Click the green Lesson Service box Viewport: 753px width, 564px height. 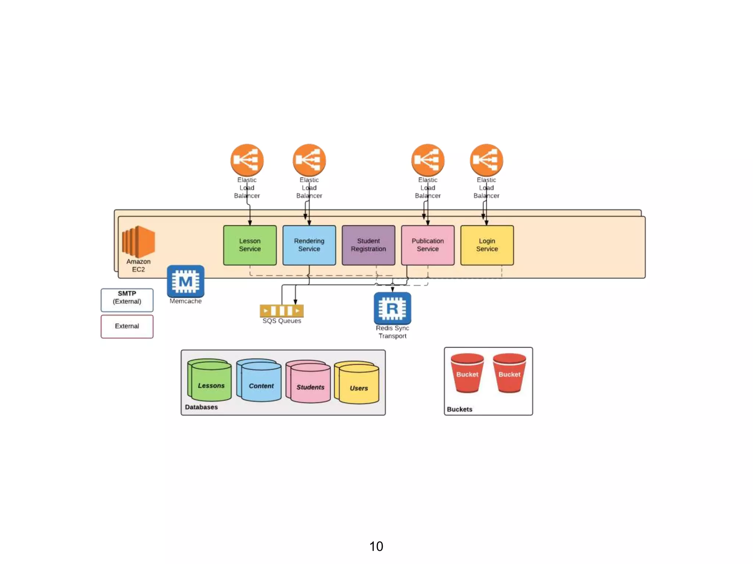(250, 245)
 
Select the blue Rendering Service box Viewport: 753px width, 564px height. (309, 245)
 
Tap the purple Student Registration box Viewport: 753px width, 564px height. (368, 245)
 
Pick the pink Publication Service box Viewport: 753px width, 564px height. (428, 245)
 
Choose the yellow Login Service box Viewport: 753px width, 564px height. (487, 245)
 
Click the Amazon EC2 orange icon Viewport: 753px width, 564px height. (139, 241)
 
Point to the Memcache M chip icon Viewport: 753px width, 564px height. (185, 281)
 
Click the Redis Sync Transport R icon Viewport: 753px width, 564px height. (392, 308)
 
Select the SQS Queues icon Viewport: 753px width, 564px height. (282, 311)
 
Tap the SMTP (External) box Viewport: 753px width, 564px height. (127, 300)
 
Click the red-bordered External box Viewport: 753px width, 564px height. (127, 326)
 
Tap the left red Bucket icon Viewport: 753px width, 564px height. (467, 373)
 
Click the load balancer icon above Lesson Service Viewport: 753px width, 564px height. (247, 160)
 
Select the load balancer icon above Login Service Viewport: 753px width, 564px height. (486, 160)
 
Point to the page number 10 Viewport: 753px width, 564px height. (376, 546)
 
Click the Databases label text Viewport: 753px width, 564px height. (201, 407)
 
